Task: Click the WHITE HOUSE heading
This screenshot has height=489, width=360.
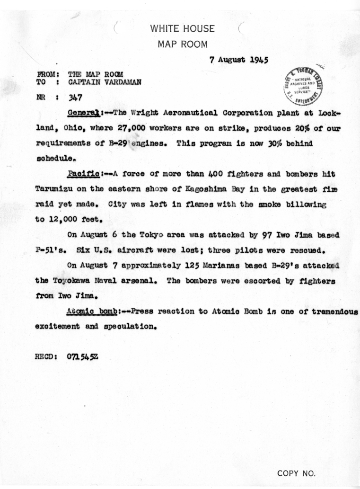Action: (182, 29)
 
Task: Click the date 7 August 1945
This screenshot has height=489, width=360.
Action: (238, 61)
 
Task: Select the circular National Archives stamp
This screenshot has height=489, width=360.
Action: (303, 86)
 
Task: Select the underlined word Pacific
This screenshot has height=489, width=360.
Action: (82, 174)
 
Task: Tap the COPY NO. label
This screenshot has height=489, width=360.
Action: (296, 473)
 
